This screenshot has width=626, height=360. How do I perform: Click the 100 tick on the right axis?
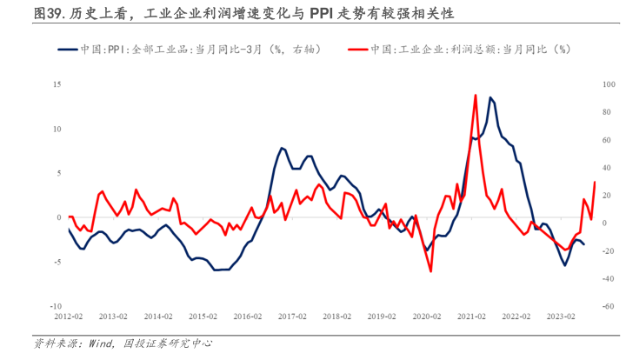click(x=608, y=84)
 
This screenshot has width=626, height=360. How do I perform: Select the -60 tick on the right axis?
click(x=608, y=307)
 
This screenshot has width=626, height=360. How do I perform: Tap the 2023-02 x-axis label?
click(x=560, y=318)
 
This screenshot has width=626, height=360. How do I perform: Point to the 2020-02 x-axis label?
click(x=426, y=318)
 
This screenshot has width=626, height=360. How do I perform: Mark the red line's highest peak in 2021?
click(x=475, y=95)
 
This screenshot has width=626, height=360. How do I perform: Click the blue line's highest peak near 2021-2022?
click(x=491, y=97)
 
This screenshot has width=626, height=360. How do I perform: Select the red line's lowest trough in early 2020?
click(x=430, y=271)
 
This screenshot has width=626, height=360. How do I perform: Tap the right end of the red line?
click(x=595, y=182)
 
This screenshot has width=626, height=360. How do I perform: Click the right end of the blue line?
click(x=583, y=244)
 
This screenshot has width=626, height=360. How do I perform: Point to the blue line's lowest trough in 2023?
click(x=565, y=264)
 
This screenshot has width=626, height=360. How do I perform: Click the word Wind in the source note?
click(x=101, y=344)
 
